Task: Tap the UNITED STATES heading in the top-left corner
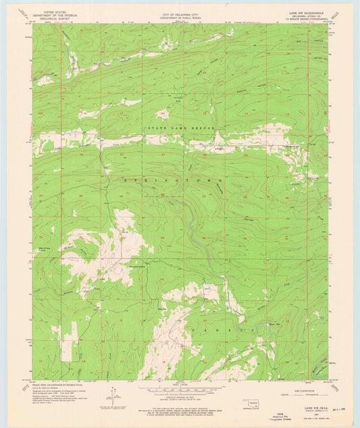point(57,11)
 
